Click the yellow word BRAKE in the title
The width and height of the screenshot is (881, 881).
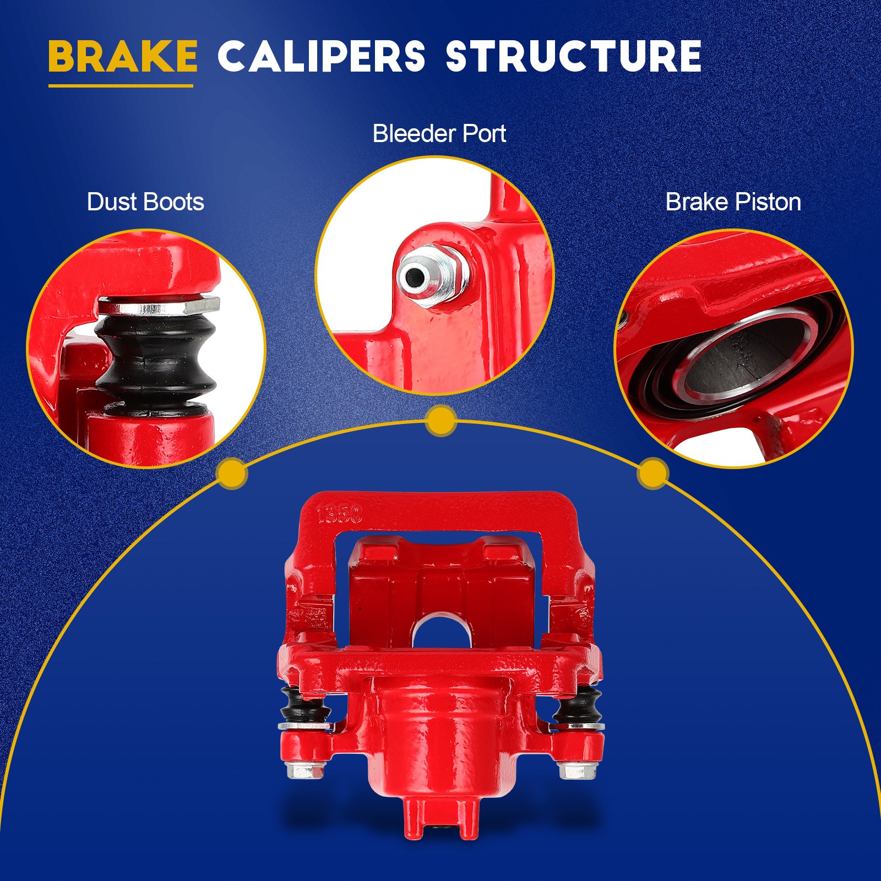point(122,56)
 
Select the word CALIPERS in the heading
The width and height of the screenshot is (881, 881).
point(321,56)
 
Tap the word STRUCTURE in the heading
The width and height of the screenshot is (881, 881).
point(573,56)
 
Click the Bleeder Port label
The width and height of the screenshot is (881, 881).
point(439,134)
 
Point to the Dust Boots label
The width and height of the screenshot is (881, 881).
point(145,202)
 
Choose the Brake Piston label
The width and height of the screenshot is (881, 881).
point(733,202)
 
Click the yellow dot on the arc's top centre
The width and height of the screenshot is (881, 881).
point(440,421)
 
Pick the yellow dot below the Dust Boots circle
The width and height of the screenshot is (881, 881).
point(232,473)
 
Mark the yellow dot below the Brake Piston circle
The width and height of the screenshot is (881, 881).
point(652,473)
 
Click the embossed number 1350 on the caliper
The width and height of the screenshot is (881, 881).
point(340,515)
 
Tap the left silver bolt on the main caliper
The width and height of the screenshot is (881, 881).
point(304,769)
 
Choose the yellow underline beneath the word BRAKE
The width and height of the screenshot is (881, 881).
point(121,85)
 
